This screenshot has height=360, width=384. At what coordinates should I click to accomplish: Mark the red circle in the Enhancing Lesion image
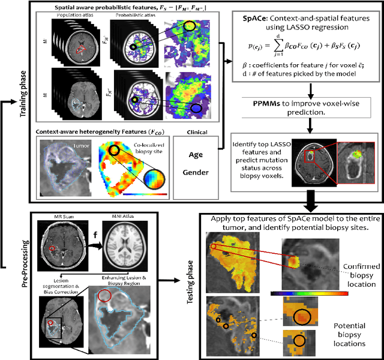point(104,295)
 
